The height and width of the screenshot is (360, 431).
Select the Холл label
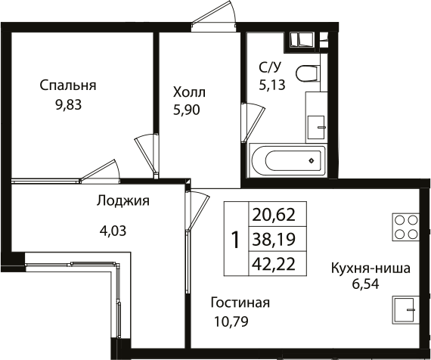[x=189, y=92]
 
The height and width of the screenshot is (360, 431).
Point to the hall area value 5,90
[x=189, y=110]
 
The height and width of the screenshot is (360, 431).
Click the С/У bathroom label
[x=270, y=67]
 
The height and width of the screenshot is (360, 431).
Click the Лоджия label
[x=123, y=201]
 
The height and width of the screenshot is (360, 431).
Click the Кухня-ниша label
[x=370, y=268]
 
